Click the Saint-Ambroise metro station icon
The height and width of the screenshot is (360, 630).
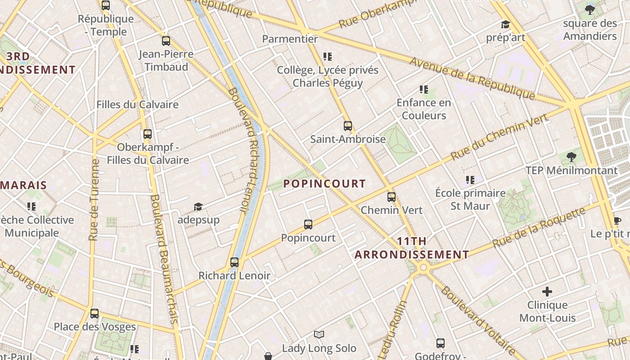click(x=347, y=126)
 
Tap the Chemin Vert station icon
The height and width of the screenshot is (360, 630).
click(x=391, y=197)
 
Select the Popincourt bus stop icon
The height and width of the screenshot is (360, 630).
click(x=308, y=224)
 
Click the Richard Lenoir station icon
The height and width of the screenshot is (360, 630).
click(x=234, y=262)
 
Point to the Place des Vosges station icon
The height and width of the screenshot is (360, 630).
click(x=94, y=313)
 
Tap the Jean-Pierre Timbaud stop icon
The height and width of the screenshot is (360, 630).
click(x=166, y=41)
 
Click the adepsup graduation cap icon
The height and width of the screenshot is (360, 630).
click(x=198, y=207)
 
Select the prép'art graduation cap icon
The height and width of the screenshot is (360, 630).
click(x=505, y=24)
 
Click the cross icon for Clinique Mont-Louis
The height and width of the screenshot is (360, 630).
click(x=547, y=292)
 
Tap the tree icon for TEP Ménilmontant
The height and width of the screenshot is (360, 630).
click(x=571, y=157)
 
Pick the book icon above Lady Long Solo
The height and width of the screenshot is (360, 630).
click(x=319, y=334)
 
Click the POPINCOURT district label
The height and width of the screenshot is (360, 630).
click(x=324, y=184)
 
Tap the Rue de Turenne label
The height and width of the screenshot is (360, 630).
click(x=94, y=199)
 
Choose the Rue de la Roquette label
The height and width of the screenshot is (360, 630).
click(x=539, y=227)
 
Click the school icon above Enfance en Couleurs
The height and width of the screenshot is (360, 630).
click(x=423, y=90)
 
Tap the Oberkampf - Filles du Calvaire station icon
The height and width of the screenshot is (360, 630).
click(x=148, y=134)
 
